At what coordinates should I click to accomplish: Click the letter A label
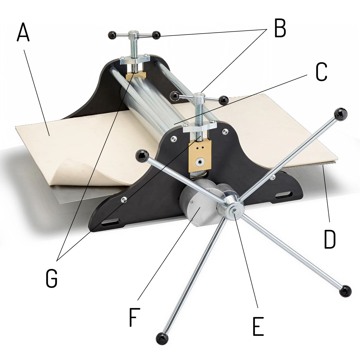23,32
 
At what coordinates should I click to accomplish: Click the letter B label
280,28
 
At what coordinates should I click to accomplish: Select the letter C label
321,72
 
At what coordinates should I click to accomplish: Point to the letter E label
258,326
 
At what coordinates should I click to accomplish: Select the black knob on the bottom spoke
162,339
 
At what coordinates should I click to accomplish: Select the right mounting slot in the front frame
284,195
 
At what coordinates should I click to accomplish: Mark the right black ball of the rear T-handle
156,35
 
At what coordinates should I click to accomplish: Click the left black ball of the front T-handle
175,96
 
